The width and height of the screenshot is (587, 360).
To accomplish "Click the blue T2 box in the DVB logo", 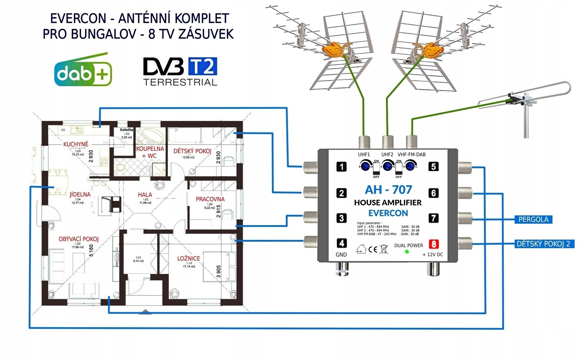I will tap(202, 67).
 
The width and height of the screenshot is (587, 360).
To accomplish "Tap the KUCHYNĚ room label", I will tap(76, 144).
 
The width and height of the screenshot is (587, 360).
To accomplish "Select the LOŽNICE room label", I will tap(189, 258).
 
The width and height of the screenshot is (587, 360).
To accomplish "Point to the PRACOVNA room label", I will tap(210, 199).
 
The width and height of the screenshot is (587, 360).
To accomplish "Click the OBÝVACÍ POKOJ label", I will tap(79, 239).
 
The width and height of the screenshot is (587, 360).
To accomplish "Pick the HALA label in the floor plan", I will tap(145, 195).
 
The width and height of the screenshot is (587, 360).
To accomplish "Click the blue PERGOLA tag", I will tap(533, 220).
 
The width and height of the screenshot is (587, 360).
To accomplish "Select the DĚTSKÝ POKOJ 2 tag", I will tap(543, 244).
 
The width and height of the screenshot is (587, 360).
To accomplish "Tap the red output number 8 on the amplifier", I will tap(434, 244).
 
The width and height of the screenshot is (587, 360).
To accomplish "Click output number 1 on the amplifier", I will tap(342, 167).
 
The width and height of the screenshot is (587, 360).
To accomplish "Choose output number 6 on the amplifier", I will tap(434, 193).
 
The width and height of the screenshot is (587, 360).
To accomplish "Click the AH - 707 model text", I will tap(388, 190).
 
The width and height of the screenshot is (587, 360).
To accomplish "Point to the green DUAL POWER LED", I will tap(407, 251).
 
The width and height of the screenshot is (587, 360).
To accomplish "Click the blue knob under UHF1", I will tap(365, 166).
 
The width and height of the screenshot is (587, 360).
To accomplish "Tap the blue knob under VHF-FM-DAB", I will tap(410, 166).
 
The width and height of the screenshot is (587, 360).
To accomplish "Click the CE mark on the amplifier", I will tap(372, 250).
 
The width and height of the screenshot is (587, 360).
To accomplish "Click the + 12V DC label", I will tap(433, 254).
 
